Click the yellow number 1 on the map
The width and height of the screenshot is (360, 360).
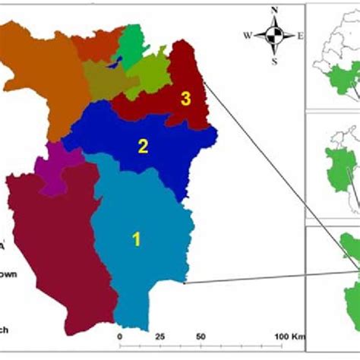click(137, 239)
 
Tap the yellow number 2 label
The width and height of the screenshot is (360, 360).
click(141, 146)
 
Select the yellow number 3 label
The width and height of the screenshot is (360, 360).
click(185, 98)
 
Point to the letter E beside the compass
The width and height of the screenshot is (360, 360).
click(300, 35)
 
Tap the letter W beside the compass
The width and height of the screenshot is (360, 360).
click(248, 35)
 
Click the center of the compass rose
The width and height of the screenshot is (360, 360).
click(274, 34)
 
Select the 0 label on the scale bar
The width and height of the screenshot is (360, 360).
click(119, 336)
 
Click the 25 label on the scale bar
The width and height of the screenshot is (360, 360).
click(159, 336)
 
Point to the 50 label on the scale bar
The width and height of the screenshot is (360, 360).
click(201, 336)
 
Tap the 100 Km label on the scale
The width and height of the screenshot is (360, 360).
click(289, 336)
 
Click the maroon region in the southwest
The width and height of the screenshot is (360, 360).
click(53, 251)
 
